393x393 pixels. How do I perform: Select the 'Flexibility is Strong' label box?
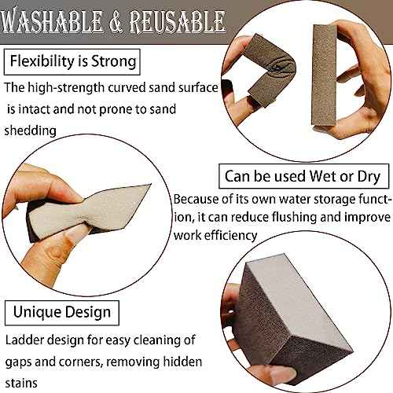tap(72, 61)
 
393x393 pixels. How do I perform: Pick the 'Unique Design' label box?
tap(61, 312)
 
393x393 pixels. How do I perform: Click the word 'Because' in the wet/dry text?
tap(197, 199)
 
